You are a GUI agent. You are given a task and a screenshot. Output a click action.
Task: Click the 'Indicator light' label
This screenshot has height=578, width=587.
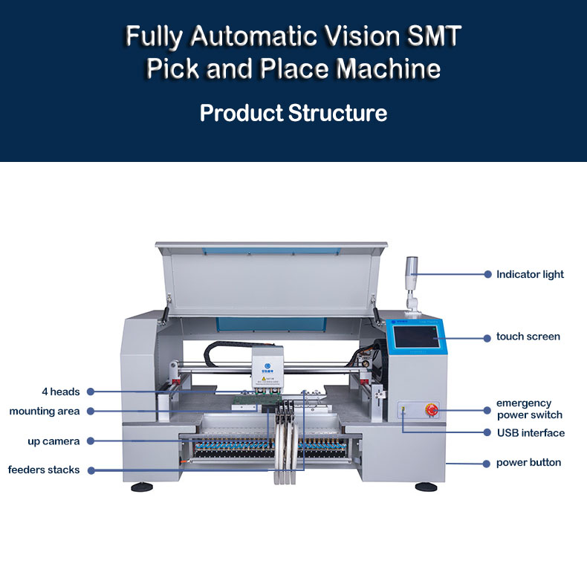point(530,274)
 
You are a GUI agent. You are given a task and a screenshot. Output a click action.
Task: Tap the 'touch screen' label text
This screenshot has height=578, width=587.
point(528,337)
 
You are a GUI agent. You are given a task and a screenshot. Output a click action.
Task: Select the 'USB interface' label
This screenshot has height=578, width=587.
point(531,432)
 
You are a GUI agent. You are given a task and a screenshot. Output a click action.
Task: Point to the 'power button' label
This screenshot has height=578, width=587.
point(528,463)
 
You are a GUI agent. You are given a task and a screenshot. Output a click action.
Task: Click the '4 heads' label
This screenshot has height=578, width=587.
point(60,392)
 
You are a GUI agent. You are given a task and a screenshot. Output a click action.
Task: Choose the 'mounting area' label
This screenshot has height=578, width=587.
point(45,411)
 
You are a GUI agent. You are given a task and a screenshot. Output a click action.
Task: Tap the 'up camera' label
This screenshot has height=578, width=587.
point(53,441)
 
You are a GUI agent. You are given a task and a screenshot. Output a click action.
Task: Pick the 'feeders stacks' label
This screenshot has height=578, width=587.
point(44,470)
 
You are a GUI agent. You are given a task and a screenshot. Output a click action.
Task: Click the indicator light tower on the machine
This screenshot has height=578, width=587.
point(412,279)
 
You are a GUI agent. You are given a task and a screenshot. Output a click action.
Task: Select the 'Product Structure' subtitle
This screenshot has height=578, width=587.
point(293,114)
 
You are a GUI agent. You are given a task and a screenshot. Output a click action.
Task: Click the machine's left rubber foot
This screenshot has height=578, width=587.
point(142,487)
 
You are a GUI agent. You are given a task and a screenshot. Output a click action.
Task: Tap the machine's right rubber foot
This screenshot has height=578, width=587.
point(426,487)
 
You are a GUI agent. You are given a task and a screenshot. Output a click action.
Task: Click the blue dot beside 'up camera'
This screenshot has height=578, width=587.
point(90,441)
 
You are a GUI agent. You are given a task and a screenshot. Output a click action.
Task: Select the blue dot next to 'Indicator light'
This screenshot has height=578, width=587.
point(487,274)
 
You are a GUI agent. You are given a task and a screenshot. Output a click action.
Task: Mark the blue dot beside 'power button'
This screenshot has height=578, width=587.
point(487,463)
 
